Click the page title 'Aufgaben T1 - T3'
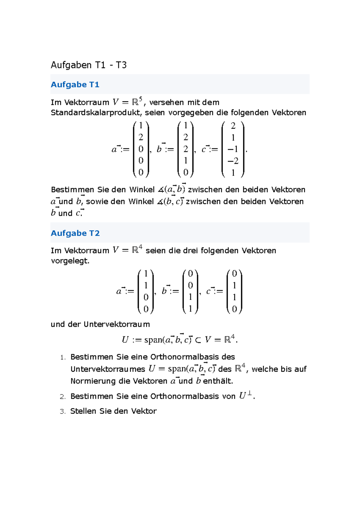(88, 65)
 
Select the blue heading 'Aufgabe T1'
(75, 85)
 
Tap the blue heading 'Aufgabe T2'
(75, 233)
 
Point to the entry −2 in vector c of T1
(233, 161)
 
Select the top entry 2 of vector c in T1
(233, 126)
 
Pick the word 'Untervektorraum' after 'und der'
(117, 324)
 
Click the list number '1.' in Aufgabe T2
(63, 357)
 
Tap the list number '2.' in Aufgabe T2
(63, 397)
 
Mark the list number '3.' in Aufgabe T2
(63, 412)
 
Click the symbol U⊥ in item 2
(245, 396)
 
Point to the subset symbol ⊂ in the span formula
(198, 340)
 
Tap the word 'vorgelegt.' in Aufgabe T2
(70, 261)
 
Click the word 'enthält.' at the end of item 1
(218, 381)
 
